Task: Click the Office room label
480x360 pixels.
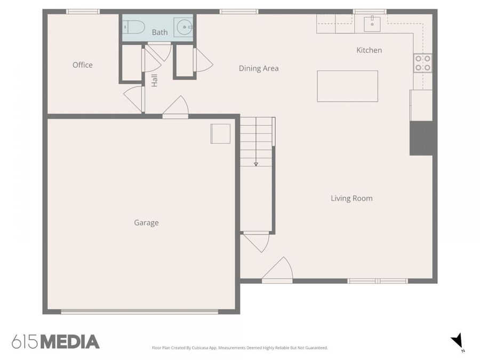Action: [x=83, y=65]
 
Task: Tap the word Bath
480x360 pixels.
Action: [x=159, y=33]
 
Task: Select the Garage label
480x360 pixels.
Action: [x=146, y=223]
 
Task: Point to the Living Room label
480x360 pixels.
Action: [x=351, y=198]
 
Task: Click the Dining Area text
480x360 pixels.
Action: [x=259, y=68]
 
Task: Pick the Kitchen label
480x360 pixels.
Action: [x=369, y=50]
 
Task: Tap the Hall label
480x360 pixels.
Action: [x=155, y=81]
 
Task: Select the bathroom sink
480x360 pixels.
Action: [x=183, y=26]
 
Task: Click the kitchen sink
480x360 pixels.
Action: [x=372, y=22]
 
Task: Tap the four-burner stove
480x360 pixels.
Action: [x=423, y=63]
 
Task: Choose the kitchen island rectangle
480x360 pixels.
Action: [x=347, y=86]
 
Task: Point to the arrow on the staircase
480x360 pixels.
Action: [x=256, y=163]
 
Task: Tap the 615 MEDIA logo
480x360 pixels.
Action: [x=55, y=341]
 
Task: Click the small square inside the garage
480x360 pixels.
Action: [x=220, y=133]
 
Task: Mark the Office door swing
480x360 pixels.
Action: [x=135, y=99]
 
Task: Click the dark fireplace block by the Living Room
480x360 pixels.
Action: [x=421, y=138]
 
